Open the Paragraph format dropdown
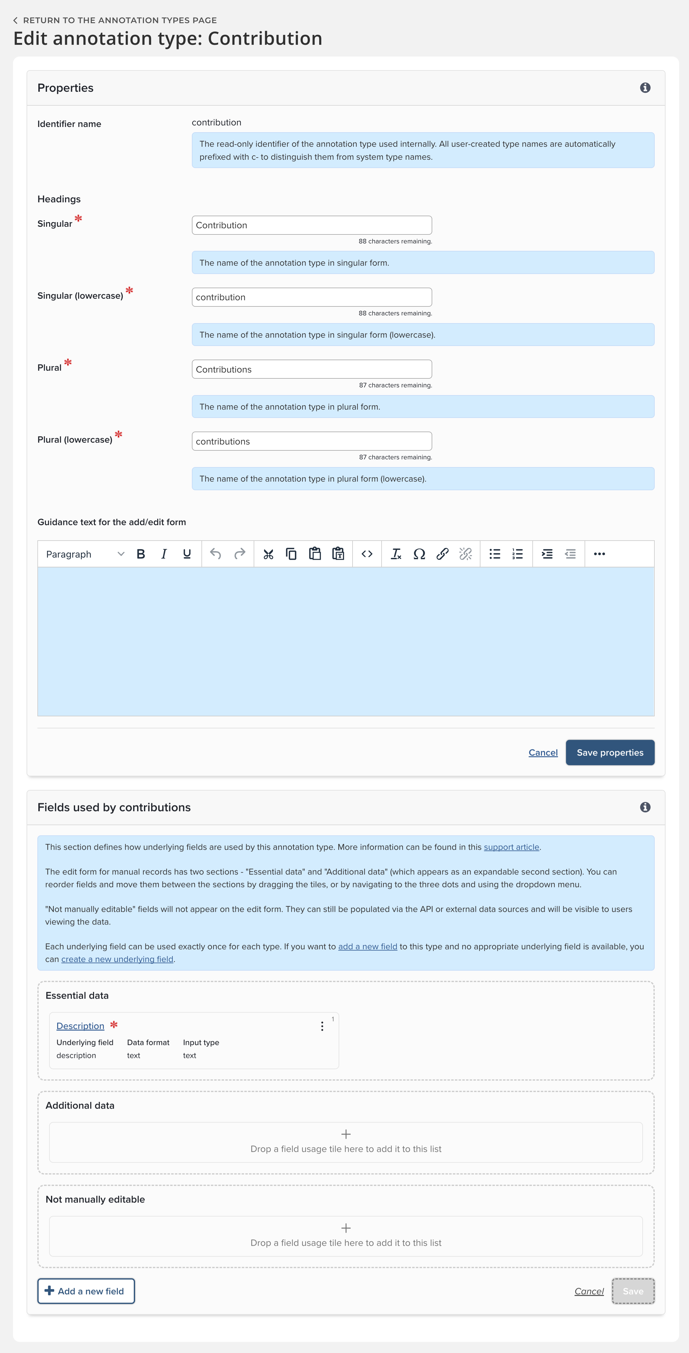(x=85, y=554)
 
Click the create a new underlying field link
(x=117, y=959)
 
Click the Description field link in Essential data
(x=80, y=1026)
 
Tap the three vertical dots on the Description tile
(x=322, y=1026)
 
